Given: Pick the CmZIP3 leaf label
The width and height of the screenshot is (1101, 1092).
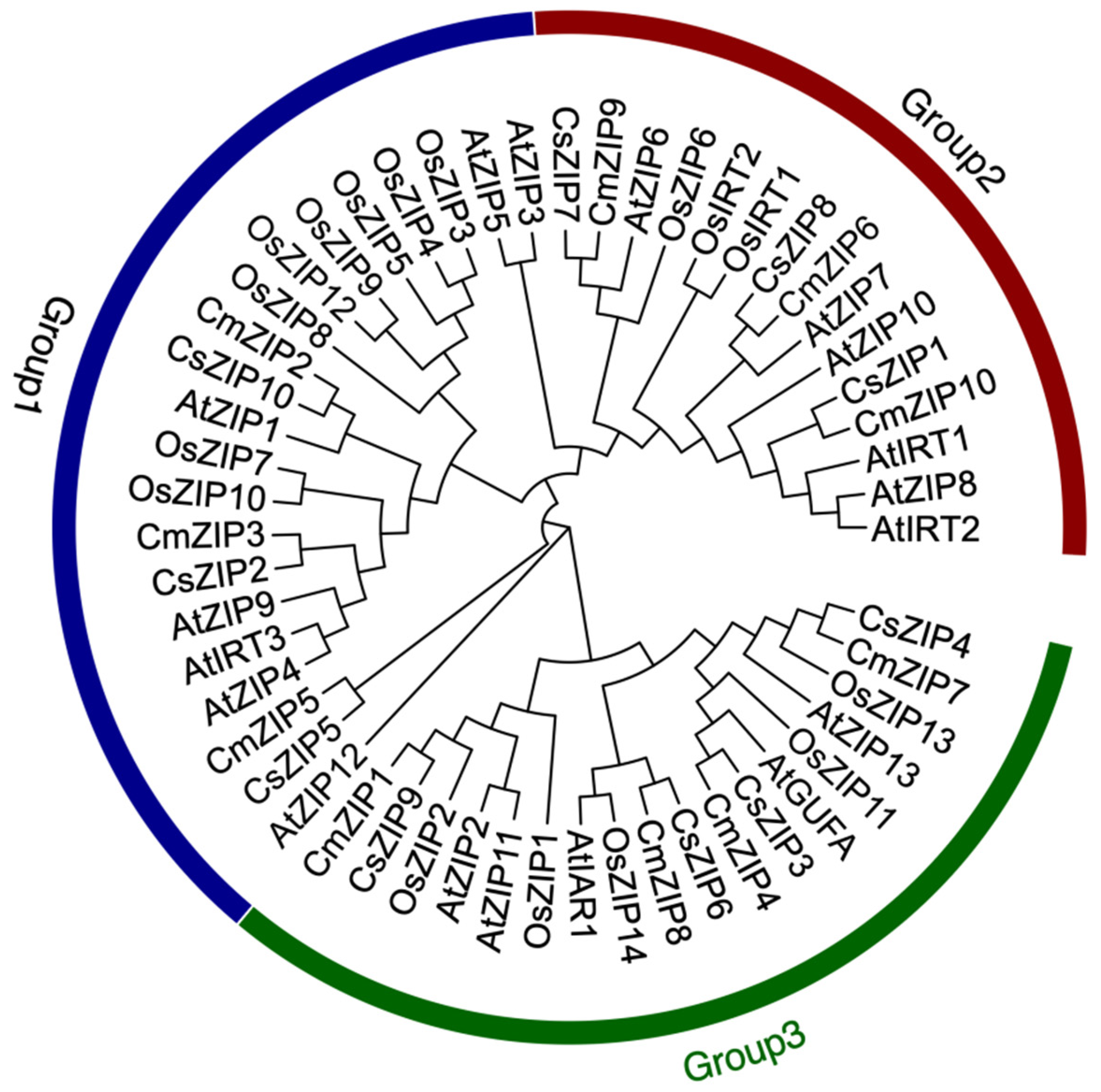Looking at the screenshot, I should tap(200, 536).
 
